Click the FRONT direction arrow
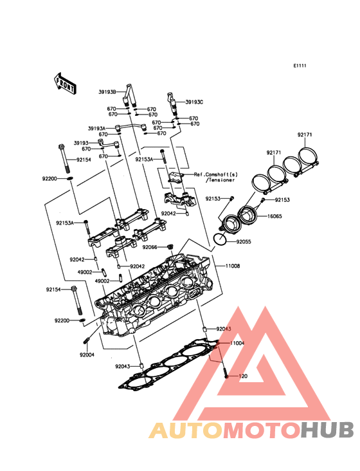tap(65, 84)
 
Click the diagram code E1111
tap(300, 66)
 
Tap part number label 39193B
tap(107, 92)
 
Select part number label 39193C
tap(194, 102)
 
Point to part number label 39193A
tap(96, 129)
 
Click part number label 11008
tap(233, 266)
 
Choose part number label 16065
tap(274, 216)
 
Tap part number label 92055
tap(244, 242)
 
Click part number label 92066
tap(150, 247)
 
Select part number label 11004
tap(237, 343)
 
